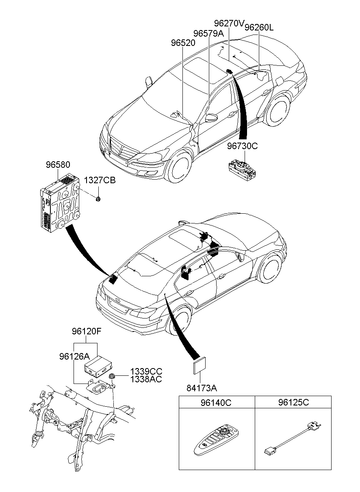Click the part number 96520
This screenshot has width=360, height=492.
point(183,43)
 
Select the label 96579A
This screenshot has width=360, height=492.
point(208,33)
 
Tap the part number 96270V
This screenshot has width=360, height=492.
point(229,23)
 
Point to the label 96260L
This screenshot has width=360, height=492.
point(259,28)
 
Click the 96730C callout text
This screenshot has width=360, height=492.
point(242,146)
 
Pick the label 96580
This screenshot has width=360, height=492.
point(58,165)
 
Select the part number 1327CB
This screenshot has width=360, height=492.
point(100,180)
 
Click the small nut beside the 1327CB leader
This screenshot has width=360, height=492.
point(98,199)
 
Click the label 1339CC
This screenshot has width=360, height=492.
point(146,371)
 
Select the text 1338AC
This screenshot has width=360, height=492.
point(146,379)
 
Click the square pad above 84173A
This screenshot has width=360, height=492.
point(200,366)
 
